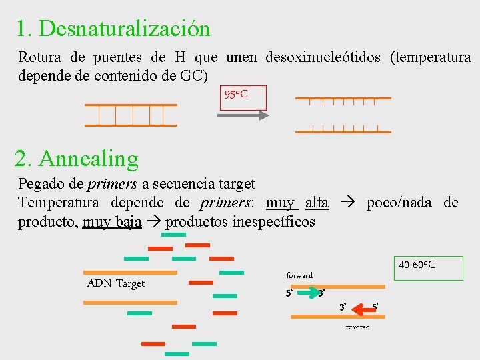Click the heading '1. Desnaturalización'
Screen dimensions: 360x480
click(x=113, y=29)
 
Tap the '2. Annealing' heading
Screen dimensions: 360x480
click(x=77, y=159)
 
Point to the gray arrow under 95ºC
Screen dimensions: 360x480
click(x=243, y=115)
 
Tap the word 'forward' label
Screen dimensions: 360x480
click(x=299, y=275)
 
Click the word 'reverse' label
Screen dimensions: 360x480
click(x=357, y=327)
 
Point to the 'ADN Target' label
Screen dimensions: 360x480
click(x=116, y=283)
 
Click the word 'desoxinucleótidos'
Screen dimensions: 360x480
click(x=323, y=57)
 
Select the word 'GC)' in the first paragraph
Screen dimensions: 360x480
click(x=194, y=75)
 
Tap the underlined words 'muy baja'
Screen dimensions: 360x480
click(x=112, y=221)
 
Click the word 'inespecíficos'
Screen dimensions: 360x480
click(x=273, y=221)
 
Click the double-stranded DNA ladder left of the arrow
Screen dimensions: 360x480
click(x=131, y=115)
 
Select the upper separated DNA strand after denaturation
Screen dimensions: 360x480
click(x=340, y=101)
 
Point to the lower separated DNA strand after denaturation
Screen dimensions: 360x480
click(x=340, y=128)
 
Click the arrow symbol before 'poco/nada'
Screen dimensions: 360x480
click(x=347, y=203)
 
